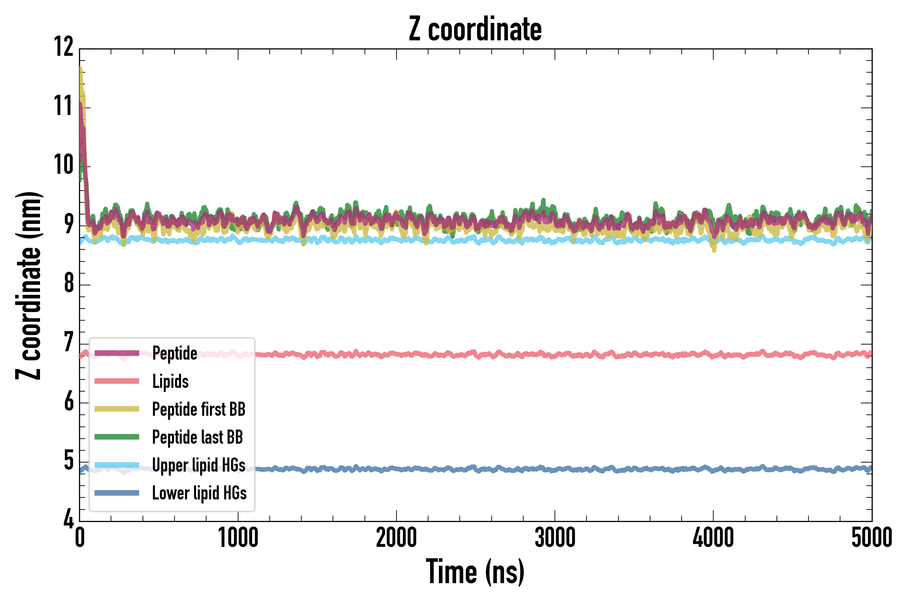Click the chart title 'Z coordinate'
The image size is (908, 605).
475,29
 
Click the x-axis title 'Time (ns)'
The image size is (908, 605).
475,572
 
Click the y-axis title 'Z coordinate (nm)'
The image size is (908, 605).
29,285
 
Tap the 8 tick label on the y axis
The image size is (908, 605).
69,283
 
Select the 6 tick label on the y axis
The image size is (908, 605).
69,402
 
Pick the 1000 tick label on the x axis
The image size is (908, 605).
238,537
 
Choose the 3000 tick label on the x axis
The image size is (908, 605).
555,537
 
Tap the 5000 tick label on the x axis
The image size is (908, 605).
871,537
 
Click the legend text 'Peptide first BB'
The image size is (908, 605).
198,409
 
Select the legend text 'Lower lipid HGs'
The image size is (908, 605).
199,493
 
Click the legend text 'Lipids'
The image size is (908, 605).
170,381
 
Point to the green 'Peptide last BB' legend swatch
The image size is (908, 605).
117,437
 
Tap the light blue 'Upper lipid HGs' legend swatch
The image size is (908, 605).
117,465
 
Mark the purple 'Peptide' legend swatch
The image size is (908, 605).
117,353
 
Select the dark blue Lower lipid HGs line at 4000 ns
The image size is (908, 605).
713,470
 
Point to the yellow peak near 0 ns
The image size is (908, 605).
81,70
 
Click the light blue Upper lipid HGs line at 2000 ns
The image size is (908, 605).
396,240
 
